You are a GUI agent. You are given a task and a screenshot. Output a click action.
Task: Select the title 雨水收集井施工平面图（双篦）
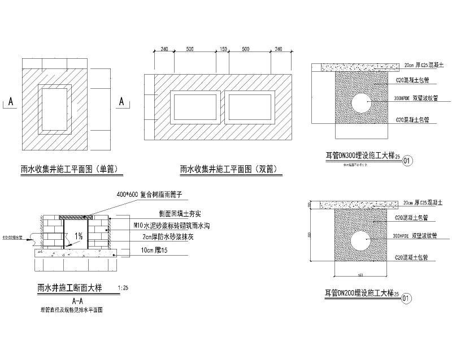click(x=231, y=168)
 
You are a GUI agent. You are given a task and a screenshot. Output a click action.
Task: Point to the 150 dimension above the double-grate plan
click(x=223, y=50)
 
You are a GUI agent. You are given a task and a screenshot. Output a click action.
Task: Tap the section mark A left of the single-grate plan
click(x=10, y=102)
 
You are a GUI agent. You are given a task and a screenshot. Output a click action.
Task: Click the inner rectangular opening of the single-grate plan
click(x=54, y=107)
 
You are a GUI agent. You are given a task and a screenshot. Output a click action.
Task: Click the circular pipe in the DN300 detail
click(x=360, y=102)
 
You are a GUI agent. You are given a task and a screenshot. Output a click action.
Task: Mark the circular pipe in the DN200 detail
click(x=359, y=242)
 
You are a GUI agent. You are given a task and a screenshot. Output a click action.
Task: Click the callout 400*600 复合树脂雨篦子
click(x=149, y=194)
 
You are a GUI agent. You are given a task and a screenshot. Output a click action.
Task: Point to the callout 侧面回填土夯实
click(x=176, y=214)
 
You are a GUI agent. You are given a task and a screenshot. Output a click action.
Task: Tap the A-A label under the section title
click(x=79, y=300)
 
